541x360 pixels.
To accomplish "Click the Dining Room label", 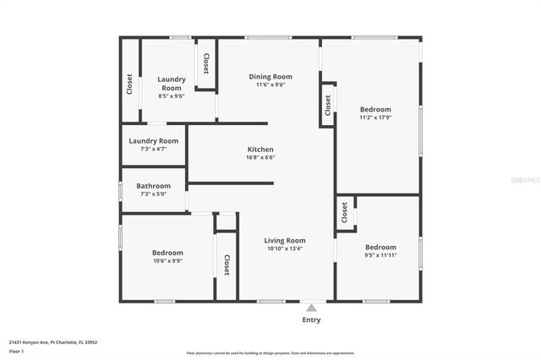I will pos(270,77).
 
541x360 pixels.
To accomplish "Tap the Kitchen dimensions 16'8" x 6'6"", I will pos(260,157).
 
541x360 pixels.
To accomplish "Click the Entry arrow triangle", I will pos(311,308).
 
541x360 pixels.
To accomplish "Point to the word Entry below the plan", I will pos(311,320).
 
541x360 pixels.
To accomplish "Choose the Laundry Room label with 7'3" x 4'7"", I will pos(153,141).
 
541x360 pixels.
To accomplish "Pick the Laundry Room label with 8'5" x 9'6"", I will pos(172,84).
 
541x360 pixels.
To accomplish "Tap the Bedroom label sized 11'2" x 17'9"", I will pos(375,110).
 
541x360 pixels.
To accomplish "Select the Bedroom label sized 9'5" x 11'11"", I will pos(380,248).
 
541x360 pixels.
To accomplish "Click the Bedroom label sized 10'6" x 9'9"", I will pos(167,253).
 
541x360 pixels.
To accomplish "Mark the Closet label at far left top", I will pos(129,85).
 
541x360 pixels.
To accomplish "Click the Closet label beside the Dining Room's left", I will pos(205,63).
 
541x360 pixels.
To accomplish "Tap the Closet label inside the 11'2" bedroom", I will pos(328,105).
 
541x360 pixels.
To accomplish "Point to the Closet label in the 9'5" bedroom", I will pos(344,214).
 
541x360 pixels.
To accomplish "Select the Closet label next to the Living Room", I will pos(227,265).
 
